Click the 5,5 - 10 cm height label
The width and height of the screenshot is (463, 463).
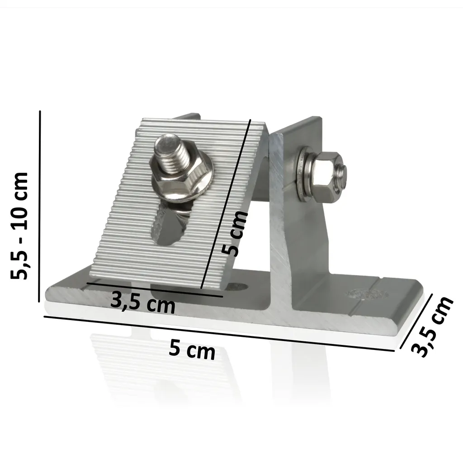(x=19, y=225)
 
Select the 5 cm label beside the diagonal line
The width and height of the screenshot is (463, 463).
(x=235, y=234)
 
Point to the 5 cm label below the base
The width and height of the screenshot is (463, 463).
(x=192, y=350)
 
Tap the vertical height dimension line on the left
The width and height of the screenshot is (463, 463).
(x=40, y=206)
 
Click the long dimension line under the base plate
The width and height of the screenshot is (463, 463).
(x=219, y=334)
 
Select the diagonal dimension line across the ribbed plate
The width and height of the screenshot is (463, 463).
(x=226, y=204)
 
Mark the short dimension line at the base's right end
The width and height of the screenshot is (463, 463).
(x=416, y=321)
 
